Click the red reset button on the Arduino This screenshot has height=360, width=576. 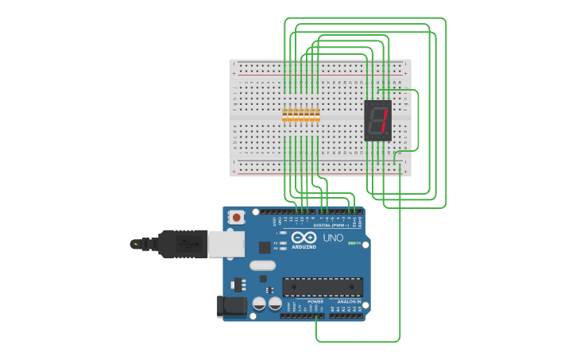(x=237, y=216)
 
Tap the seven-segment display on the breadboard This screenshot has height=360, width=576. (x=378, y=121)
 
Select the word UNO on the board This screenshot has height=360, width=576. (x=333, y=238)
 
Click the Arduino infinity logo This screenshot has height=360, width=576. (x=303, y=238)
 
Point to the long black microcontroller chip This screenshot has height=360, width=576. (x=323, y=286)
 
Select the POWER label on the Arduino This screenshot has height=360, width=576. (x=315, y=302)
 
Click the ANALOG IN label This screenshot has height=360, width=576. (x=349, y=302)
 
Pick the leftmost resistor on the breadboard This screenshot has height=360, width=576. (x=284, y=116)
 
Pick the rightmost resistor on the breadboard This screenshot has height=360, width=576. (x=318, y=116)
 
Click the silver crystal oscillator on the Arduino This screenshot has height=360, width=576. (x=262, y=265)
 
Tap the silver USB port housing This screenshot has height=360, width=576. (x=226, y=244)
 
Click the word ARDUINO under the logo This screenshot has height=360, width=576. (x=303, y=247)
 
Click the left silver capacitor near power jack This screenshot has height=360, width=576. (x=259, y=304)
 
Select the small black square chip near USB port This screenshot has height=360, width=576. (x=265, y=247)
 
